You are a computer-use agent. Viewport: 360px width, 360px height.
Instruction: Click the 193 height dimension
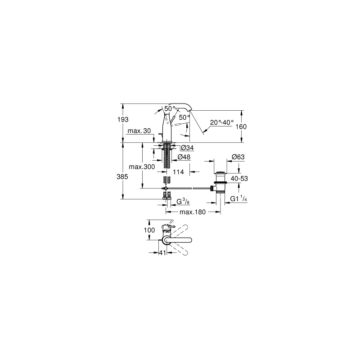[123, 120]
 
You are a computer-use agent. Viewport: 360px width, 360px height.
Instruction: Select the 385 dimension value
[122, 177]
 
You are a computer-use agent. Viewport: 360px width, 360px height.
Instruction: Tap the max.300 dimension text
[142, 166]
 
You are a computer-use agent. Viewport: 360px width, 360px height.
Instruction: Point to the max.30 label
[139, 131]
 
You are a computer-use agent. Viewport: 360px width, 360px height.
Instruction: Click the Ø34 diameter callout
[187, 148]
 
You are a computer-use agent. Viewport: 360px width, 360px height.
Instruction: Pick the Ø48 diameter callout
[184, 157]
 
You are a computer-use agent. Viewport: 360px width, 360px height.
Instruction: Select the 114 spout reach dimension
[178, 172]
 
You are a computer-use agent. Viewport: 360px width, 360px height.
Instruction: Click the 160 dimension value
[241, 127]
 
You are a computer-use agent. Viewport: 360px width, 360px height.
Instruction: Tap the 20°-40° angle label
[222, 122]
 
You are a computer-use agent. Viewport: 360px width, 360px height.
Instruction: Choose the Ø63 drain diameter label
[238, 157]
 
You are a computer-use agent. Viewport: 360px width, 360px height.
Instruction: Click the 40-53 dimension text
[239, 179]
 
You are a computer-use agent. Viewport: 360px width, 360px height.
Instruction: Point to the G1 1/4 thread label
[238, 198]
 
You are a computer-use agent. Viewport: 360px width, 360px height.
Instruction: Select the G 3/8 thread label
[183, 201]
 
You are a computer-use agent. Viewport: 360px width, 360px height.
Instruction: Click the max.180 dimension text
[193, 212]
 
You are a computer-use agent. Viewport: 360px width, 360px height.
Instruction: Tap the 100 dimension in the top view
[149, 230]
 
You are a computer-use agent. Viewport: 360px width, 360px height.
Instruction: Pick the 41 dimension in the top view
[162, 252]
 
